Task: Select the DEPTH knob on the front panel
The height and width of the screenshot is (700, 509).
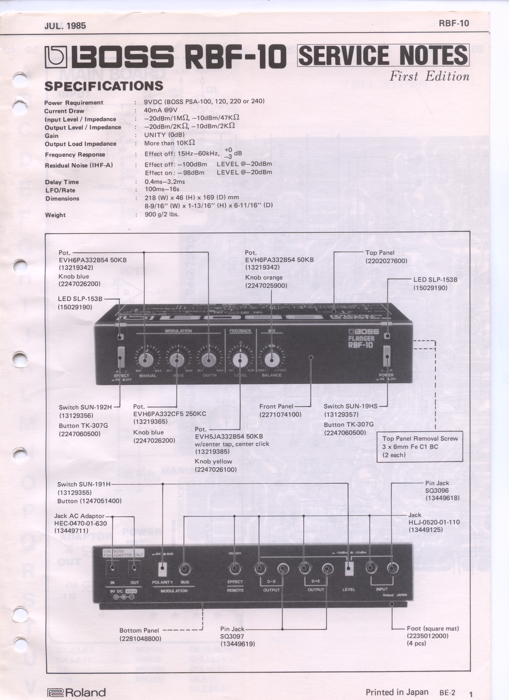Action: coord(208,360)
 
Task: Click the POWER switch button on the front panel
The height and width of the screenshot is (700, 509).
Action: coord(387,356)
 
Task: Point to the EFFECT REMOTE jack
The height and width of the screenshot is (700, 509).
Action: coord(234,568)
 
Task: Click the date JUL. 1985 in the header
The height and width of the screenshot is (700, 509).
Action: coord(65,26)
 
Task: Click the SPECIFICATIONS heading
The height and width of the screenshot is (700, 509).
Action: coord(104,86)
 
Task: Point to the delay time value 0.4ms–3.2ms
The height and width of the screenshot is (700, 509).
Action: coord(165,181)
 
